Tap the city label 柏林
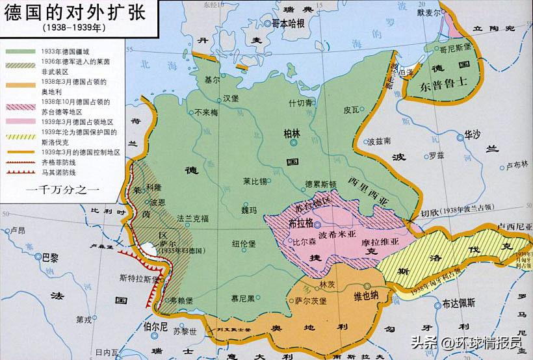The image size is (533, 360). tap(292, 133)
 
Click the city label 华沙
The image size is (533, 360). tap(473, 135)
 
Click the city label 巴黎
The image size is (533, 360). tap(50, 257)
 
